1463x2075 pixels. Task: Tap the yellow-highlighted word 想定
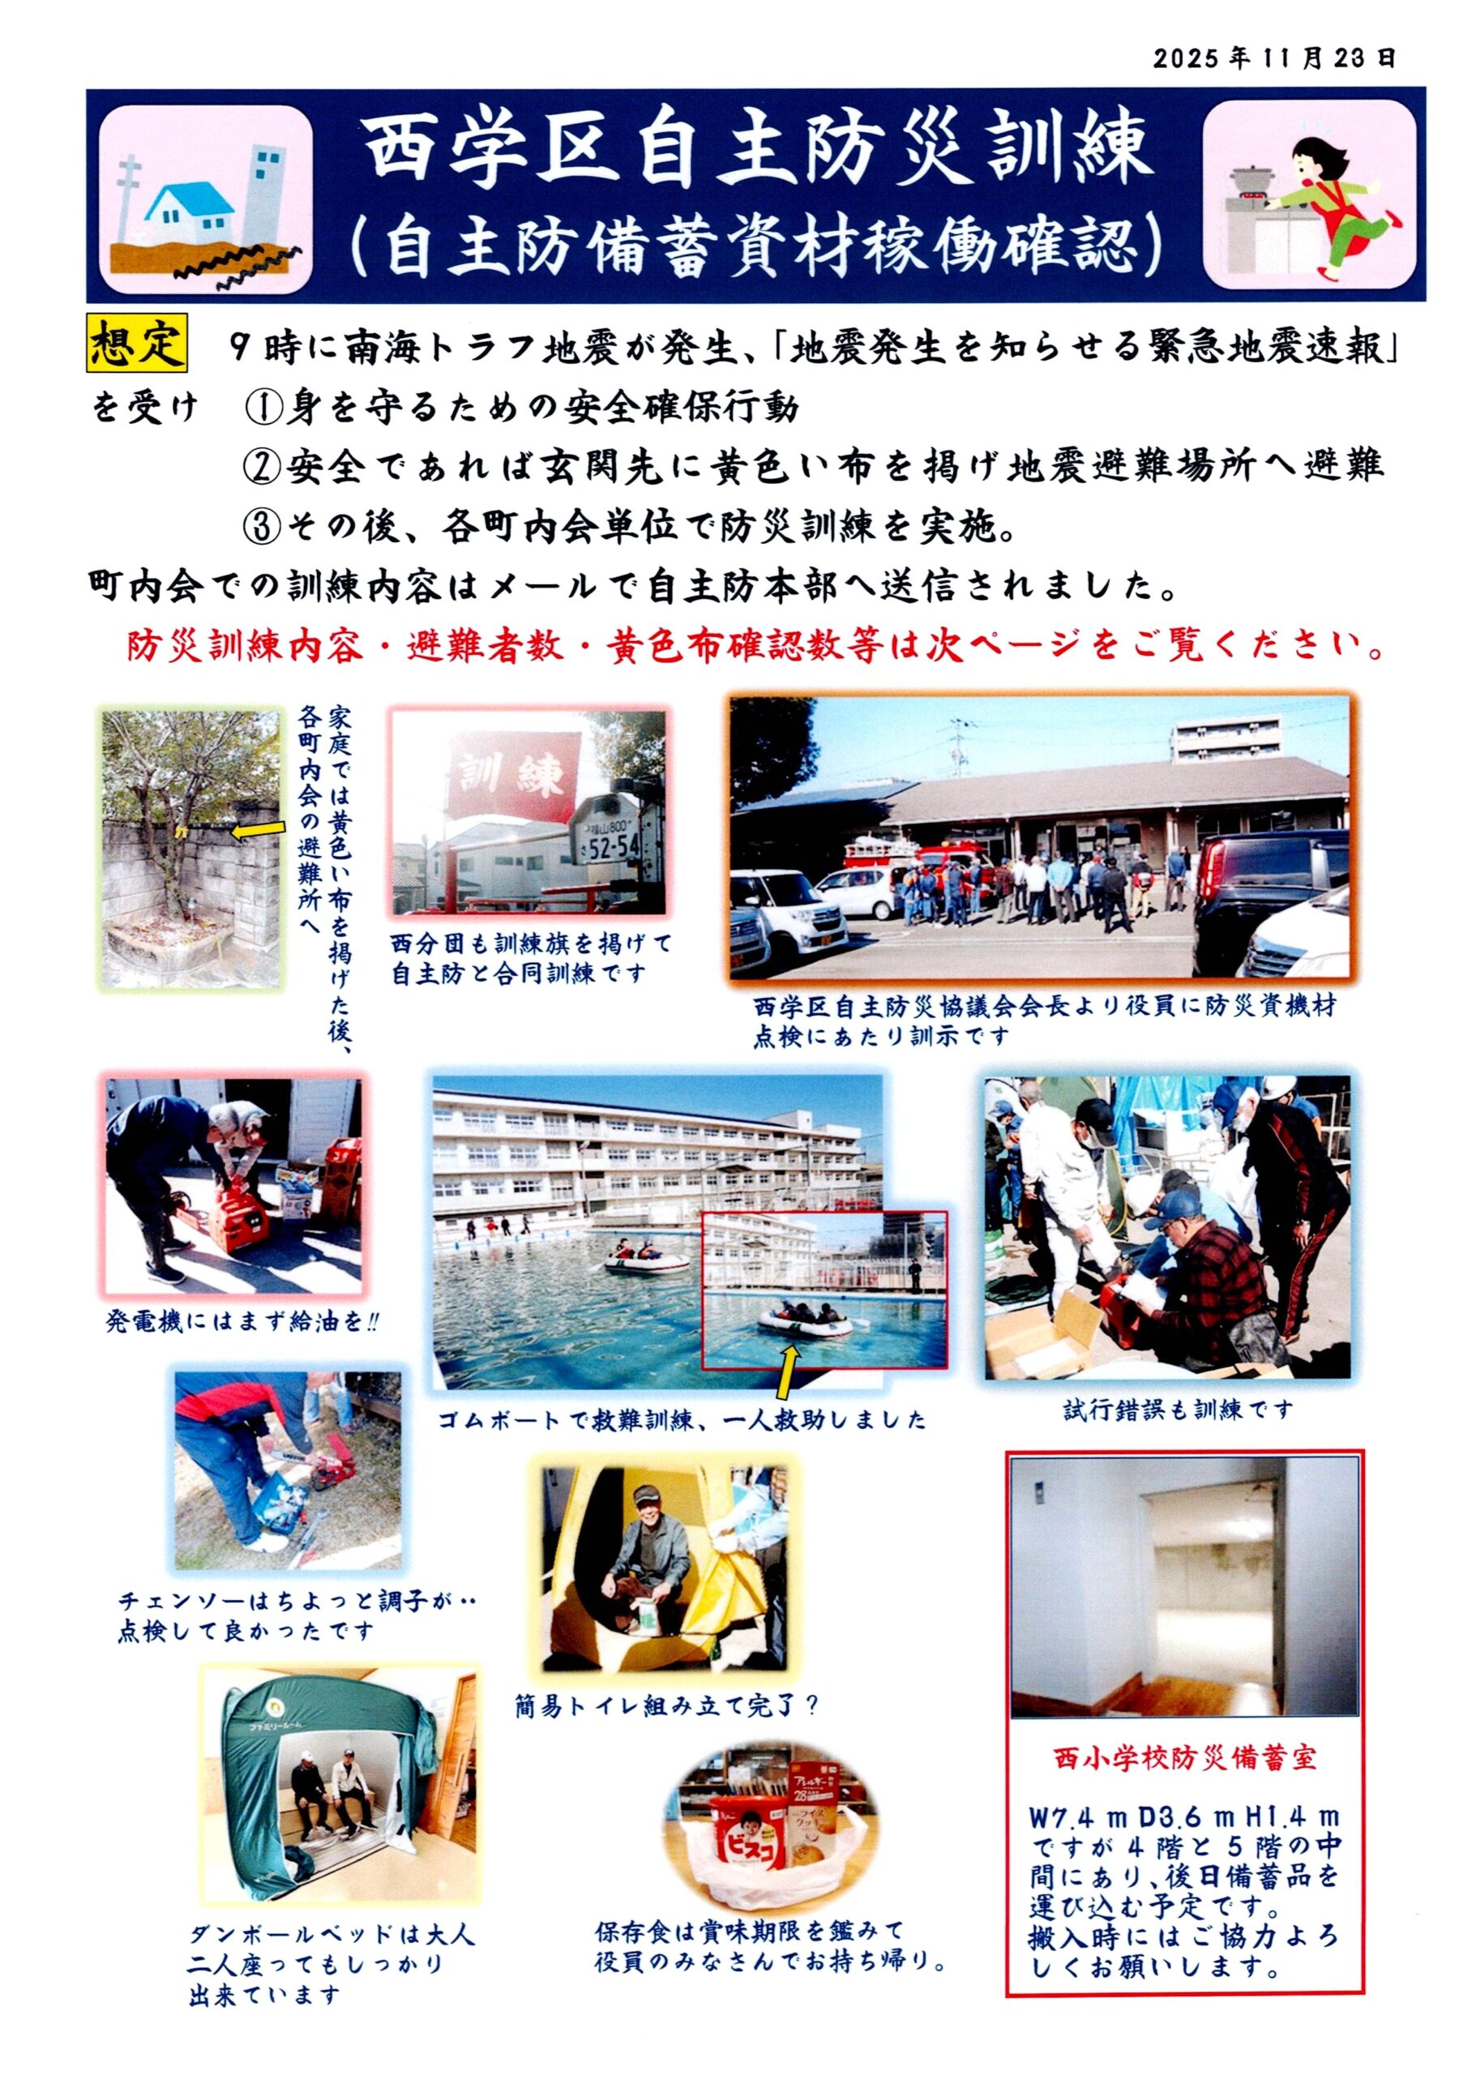137,344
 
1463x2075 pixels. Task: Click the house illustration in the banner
190,218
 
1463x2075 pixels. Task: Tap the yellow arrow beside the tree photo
259,830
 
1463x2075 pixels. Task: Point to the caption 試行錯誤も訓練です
1178,1409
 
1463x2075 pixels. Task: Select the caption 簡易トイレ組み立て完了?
667,1705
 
